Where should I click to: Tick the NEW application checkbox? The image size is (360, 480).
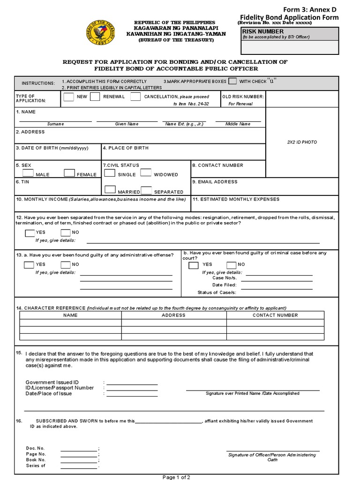click(68, 97)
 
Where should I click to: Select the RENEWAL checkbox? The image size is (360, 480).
click(95, 97)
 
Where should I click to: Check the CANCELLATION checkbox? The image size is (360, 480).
click(135, 97)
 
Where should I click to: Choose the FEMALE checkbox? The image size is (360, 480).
click(69, 173)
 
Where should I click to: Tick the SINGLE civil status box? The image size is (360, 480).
click(110, 173)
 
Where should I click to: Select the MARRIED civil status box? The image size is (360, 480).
click(110, 190)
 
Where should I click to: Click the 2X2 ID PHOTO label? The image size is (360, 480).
click(302, 142)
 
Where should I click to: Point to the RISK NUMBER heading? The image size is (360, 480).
click(257, 31)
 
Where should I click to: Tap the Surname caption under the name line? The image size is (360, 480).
click(55, 124)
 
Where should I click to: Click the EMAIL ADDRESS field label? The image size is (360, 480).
click(217, 182)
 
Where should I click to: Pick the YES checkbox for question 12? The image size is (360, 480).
click(29, 232)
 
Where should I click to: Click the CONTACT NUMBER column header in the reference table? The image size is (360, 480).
click(275, 315)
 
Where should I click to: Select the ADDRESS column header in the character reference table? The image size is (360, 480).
click(173, 315)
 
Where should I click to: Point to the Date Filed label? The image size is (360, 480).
click(224, 285)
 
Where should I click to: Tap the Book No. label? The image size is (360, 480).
click(36, 460)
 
